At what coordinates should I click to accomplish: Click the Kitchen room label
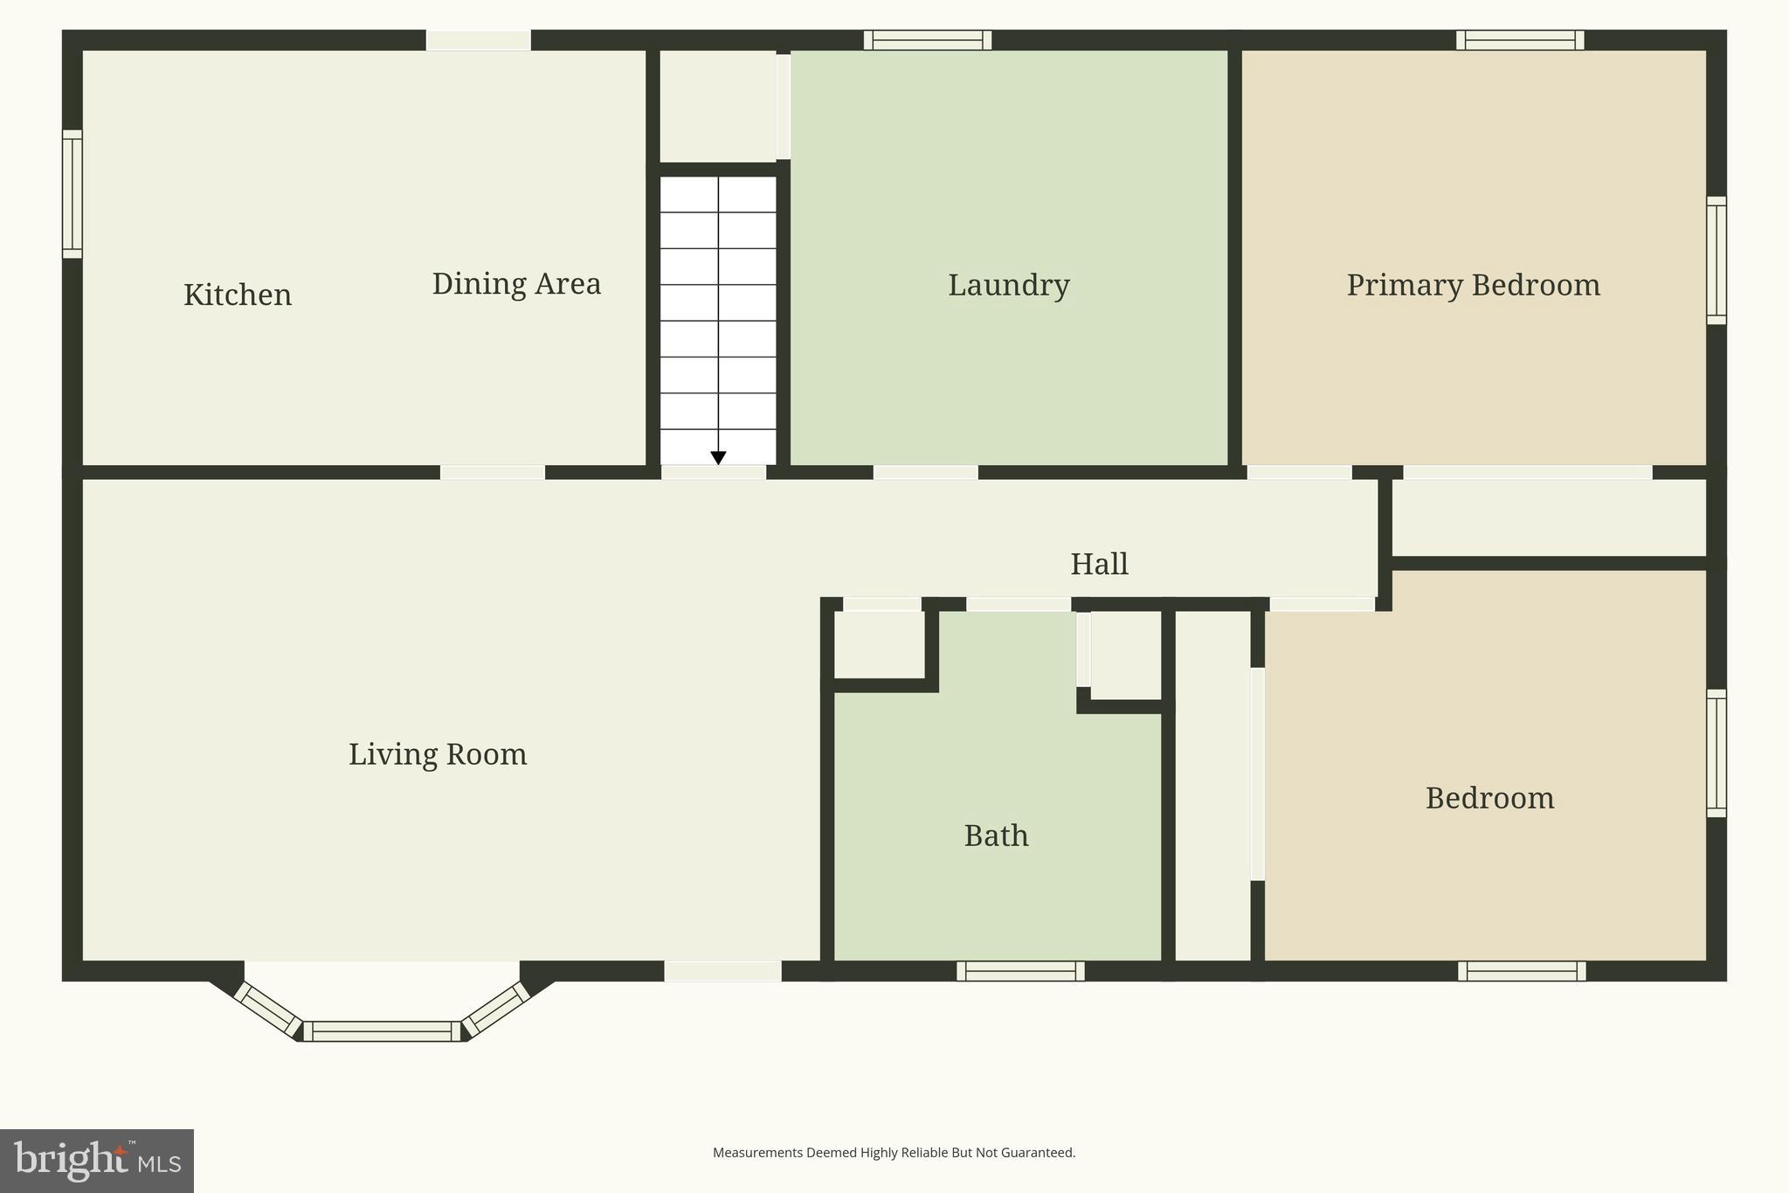coord(238,295)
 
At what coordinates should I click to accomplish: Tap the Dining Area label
coord(516,284)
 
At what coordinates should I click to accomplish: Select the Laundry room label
coord(1008,286)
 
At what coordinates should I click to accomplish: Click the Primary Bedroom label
coord(1473,286)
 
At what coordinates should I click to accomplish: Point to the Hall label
coord(1099,565)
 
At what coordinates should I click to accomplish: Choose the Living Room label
coord(438,754)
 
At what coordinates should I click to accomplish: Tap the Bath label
coord(996,836)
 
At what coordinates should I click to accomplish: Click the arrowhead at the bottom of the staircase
coord(718,458)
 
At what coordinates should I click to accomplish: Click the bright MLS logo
coord(96,1161)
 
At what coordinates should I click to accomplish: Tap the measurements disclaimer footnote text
coord(894,1153)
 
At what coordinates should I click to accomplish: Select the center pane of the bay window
coord(382,1031)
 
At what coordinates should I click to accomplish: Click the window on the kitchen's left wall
coord(73,194)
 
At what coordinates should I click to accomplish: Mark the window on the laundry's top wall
coord(928,40)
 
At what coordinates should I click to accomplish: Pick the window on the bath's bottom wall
coord(1020,971)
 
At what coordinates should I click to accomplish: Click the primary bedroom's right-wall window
coord(1716,260)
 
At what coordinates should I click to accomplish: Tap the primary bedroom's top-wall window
coord(1520,40)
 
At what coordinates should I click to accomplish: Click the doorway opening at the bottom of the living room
coord(722,971)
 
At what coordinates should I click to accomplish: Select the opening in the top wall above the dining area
coord(478,40)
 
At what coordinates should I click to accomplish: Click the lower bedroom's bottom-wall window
coord(1522,971)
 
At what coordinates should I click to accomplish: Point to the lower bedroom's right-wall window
coord(1716,753)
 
